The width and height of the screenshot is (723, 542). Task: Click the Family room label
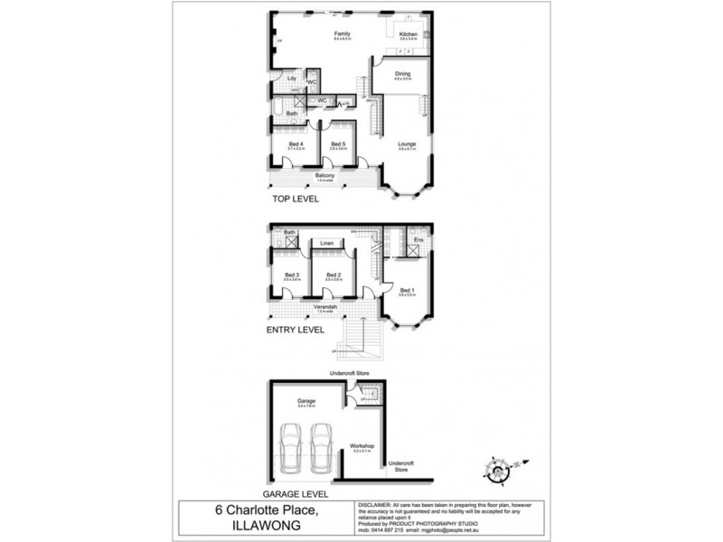(342, 33)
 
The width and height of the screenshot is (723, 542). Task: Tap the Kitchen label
(408, 34)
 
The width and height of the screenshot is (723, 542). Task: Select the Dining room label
(402, 74)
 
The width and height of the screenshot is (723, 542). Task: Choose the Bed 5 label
(338, 144)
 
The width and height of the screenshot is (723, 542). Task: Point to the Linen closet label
(327, 244)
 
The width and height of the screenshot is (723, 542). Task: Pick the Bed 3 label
(291, 275)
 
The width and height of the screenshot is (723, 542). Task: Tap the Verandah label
(325, 307)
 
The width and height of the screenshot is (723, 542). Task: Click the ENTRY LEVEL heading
(296, 330)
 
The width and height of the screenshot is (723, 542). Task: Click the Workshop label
(362, 446)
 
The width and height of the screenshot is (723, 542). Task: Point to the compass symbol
(496, 469)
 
